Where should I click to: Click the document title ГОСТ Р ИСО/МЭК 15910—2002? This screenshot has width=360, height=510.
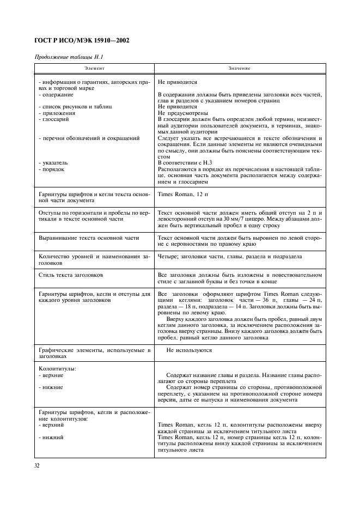(82, 41)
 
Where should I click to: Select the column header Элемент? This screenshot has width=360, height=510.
(94, 69)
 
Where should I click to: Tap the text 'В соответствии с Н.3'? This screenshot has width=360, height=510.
(185, 163)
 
